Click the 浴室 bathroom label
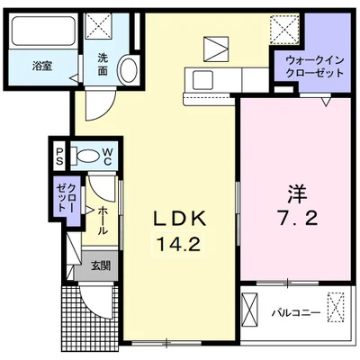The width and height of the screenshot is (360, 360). point(42,66)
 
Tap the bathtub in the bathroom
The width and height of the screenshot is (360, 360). point(43,31)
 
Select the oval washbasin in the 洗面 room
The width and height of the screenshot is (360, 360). point(129,69)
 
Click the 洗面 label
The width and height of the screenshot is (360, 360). point(103,65)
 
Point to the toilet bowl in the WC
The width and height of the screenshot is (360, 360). point(86,156)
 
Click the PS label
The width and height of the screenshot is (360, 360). point(59,157)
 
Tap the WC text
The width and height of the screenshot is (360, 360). point(107,157)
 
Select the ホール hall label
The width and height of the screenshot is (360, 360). point(103,220)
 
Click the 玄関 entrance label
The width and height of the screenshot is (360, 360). point(101,265)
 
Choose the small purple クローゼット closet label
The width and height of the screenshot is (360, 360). point(67,198)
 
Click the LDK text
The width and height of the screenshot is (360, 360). point(180,219)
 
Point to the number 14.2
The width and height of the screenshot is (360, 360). point(178,244)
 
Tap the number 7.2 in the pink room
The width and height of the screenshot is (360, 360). point(297,218)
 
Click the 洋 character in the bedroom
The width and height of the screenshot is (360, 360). point(298,193)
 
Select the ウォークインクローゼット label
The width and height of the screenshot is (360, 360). point(314,67)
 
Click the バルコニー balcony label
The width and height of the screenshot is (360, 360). point(296,313)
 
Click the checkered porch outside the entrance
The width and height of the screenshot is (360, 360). point(91,320)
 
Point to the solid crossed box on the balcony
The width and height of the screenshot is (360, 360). point(250,310)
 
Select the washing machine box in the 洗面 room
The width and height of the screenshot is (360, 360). point(98,25)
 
